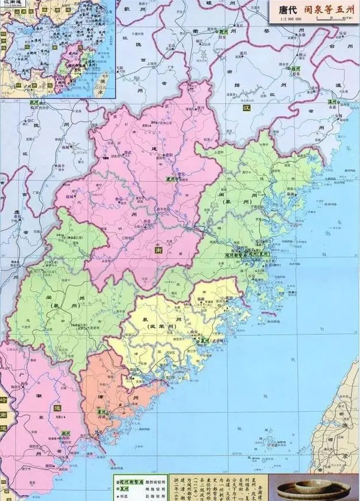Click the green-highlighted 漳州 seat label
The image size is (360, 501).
pos(102,412)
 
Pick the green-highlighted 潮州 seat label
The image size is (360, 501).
pos(65,433)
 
